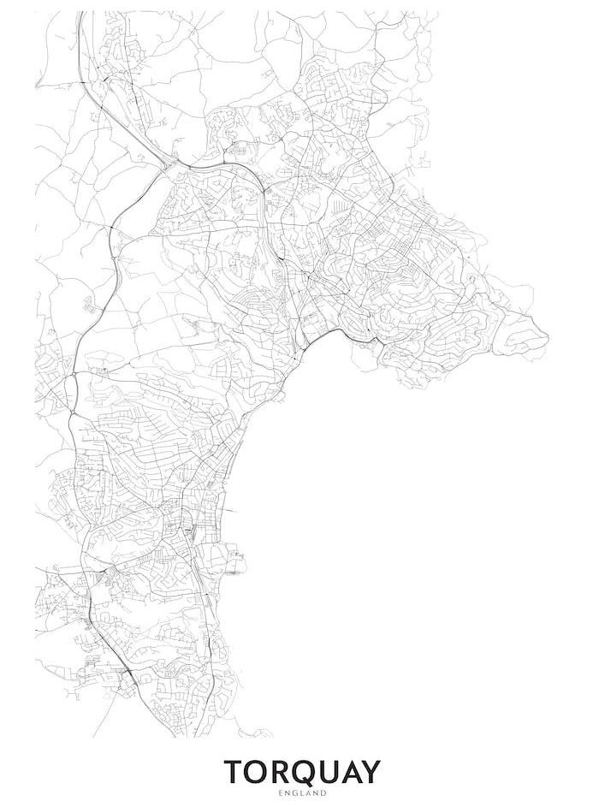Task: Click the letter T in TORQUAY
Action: tap(235, 772)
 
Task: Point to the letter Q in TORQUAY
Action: tap(309, 772)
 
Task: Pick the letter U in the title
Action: tap(335, 772)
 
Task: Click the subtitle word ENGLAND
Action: tap(303, 794)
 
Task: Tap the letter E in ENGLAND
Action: tap(281, 794)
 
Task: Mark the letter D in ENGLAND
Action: tap(324, 794)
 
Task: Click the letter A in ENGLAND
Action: tap(309, 794)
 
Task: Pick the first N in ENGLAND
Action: tap(288, 794)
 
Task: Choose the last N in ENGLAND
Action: tap(317, 794)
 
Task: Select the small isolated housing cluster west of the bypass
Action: tap(88, 303)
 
